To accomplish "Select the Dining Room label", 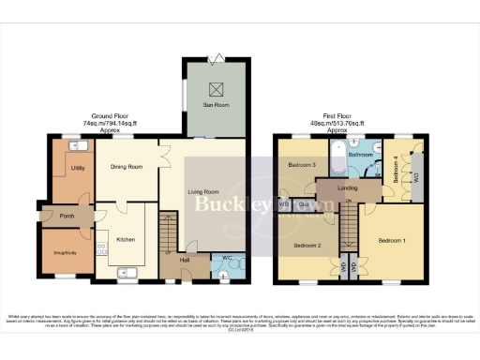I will click(x=126, y=167).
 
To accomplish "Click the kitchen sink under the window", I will click(x=129, y=274).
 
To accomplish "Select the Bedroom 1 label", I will click(x=391, y=240).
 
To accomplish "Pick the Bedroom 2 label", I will click(x=307, y=245).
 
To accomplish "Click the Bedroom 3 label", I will click(x=301, y=165).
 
